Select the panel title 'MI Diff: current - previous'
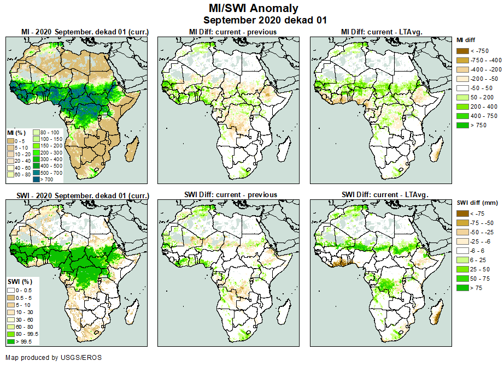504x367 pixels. tap(233, 32)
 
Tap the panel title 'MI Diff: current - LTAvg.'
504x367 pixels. tap(384, 32)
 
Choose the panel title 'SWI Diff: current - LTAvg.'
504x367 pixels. tap(384, 194)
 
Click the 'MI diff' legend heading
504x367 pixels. tap(467, 40)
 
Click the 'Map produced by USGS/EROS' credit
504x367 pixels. tap(53, 358)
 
